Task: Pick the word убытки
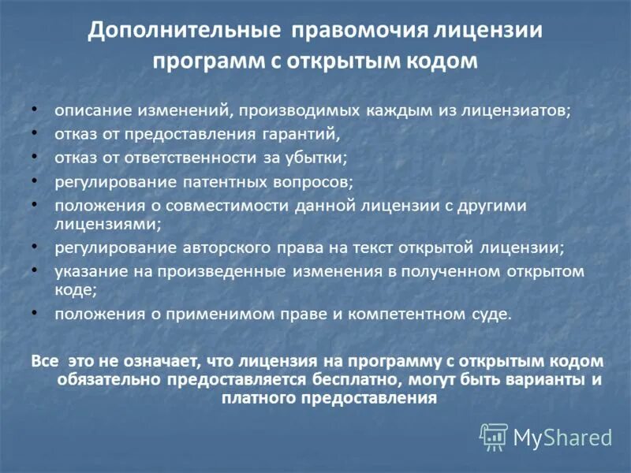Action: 317,158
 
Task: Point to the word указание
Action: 86,271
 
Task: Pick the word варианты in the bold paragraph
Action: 543,379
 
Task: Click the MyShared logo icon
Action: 494,435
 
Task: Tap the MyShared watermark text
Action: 562,437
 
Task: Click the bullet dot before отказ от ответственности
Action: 34,156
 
